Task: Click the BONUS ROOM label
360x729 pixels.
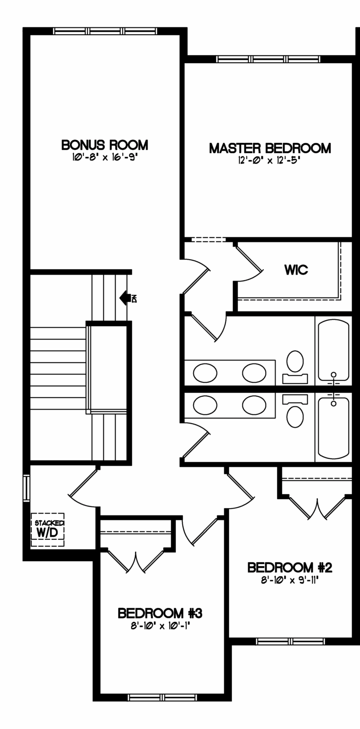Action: click(x=105, y=145)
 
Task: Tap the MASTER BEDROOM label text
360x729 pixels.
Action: click(x=270, y=148)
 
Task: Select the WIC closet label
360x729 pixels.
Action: click(x=296, y=270)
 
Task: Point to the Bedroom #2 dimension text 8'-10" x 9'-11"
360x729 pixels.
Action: click(x=289, y=581)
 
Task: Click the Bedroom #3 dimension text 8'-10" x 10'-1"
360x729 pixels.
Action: click(x=160, y=626)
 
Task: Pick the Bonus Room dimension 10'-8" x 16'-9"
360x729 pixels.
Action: click(x=104, y=157)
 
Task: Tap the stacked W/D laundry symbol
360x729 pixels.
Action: click(x=48, y=530)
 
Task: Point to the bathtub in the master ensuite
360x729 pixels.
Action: click(x=334, y=351)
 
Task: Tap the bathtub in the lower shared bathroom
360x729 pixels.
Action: click(x=334, y=428)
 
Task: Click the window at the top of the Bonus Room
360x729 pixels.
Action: click(x=105, y=31)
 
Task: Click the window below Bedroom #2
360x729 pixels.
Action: click(x=290, y=641)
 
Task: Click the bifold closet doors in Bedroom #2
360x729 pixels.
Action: click(x=317, y=508)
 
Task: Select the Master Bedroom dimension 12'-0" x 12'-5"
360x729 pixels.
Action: click(x=268, y=160)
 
